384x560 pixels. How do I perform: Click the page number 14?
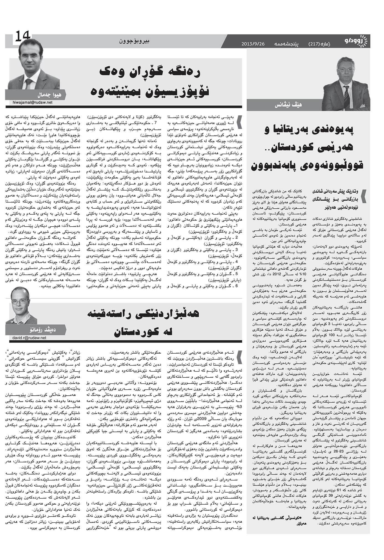click(22, 37)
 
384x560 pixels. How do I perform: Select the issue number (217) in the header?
click(316, 44)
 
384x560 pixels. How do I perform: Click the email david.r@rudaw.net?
click(29, 338)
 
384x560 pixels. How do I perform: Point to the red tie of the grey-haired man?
click(346, 94)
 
